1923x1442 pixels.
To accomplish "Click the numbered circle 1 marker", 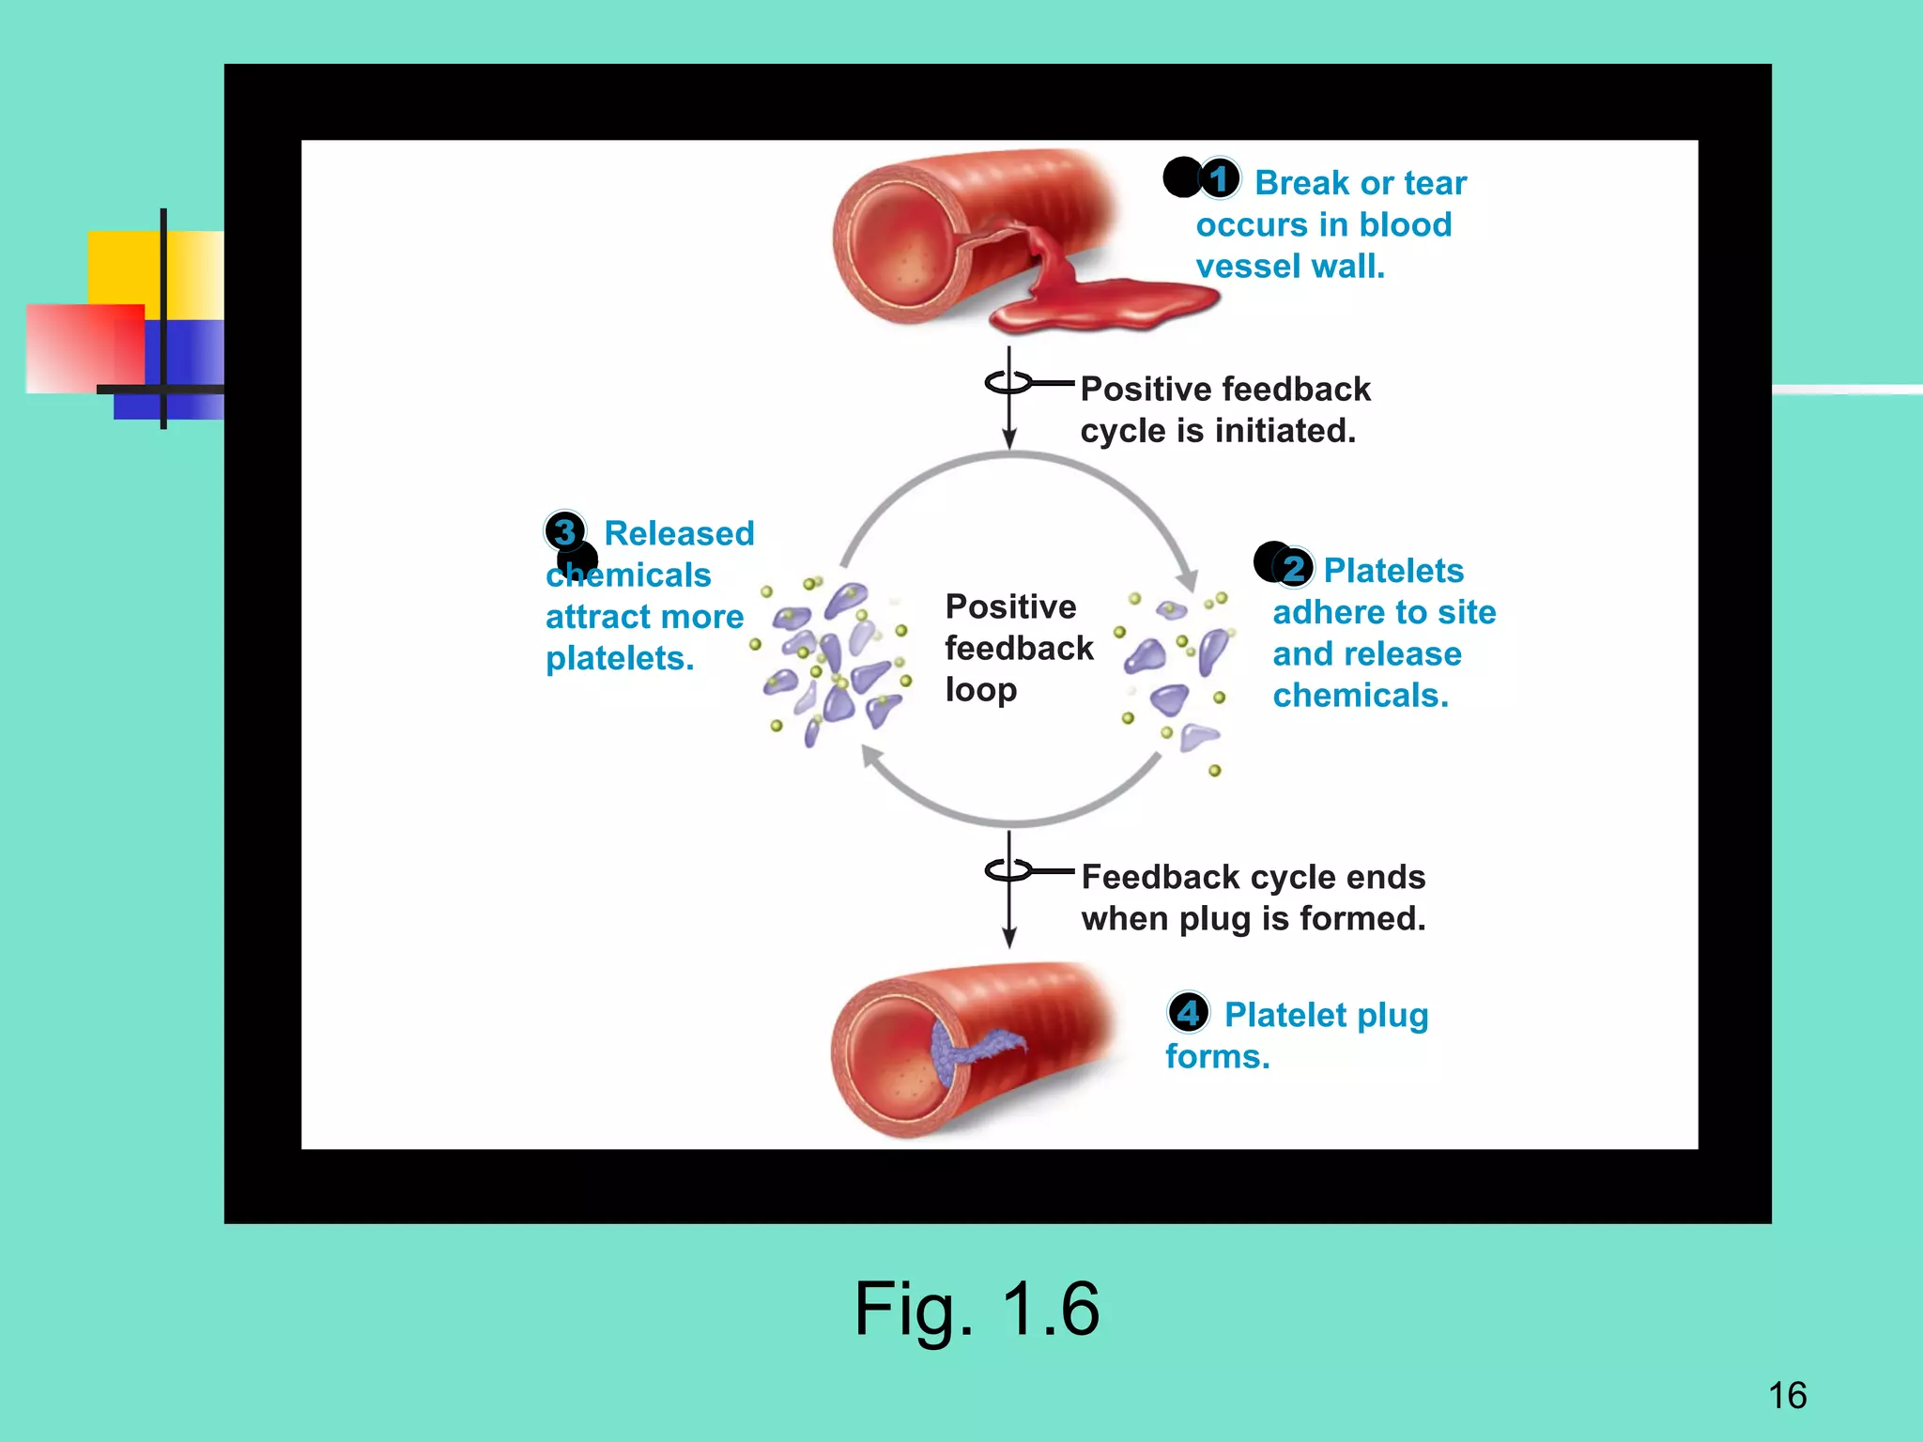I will coord(1219,178).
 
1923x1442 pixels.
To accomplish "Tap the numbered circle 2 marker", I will coord(1294,568).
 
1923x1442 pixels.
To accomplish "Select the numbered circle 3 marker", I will coord(564,531).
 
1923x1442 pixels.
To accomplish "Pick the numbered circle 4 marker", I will coord(1188,1013).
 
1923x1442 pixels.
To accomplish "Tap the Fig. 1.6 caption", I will coord(977,1310).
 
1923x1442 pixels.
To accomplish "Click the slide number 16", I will coord(1787,1395).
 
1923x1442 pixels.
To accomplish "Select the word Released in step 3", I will coord(679,533).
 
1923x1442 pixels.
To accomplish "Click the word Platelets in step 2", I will coord(1393,571).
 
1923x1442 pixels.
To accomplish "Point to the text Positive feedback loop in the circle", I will coord(1017,648).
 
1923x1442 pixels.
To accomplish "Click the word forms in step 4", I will coord(1217,1057).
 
